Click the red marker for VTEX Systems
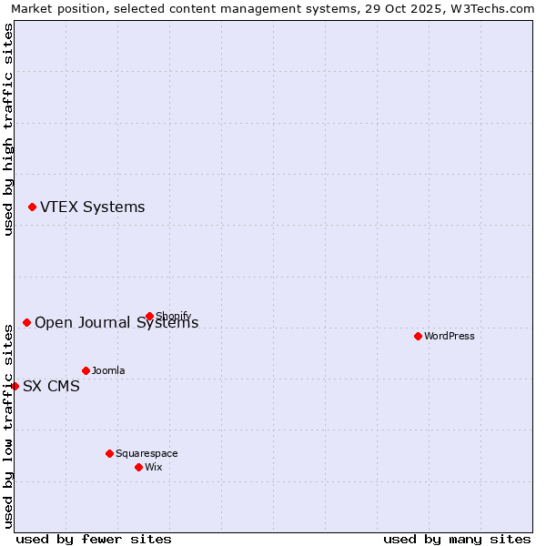pos(32,207)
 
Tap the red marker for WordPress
pos(418,336)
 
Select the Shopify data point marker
pos(149,317)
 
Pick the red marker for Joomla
pos(86,370)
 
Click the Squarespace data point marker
pos(109,453)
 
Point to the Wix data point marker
pos(138,467)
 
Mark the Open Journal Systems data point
pos(26,322)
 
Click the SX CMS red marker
pos(15,386)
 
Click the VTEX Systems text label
pos(92,207)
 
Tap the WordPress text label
pos(449,336)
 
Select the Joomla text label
pos(108,370)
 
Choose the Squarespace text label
pos(147,453)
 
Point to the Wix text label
pos(153,467)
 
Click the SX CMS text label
pos(51,386)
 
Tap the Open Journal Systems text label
pos(116,323)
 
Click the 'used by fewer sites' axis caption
pos(94,539)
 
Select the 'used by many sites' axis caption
pos(457,539)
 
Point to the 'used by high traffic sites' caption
pos(8,129)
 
